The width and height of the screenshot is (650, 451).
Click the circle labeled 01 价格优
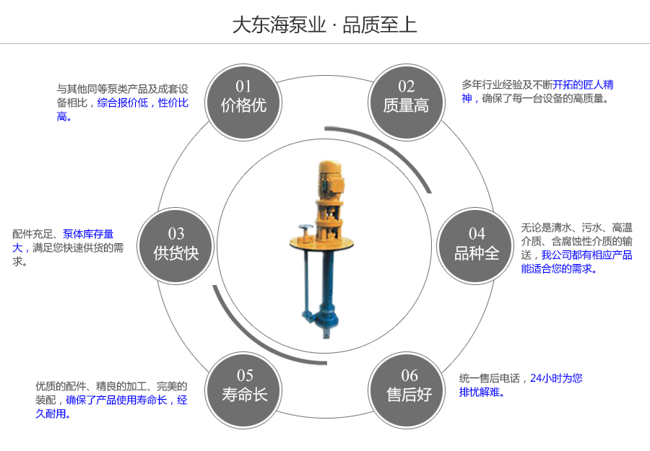click(x=243, y=97)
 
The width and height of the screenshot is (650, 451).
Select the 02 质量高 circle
click(x=406, y=97)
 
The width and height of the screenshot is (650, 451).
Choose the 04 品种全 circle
click(x=477, y=244)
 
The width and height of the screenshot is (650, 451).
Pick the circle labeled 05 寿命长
click(x=245, y=386)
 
